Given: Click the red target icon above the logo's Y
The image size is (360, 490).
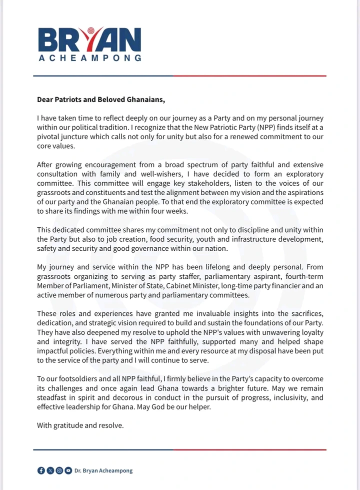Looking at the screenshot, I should coord(90,30).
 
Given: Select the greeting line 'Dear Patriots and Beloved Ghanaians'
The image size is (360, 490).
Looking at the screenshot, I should coord(100,99).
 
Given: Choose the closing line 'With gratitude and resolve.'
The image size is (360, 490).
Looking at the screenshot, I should coord(80,425).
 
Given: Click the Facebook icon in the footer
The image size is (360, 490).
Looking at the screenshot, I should coord(41,470).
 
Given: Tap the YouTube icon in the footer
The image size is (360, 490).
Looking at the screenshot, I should coord(67,470).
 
